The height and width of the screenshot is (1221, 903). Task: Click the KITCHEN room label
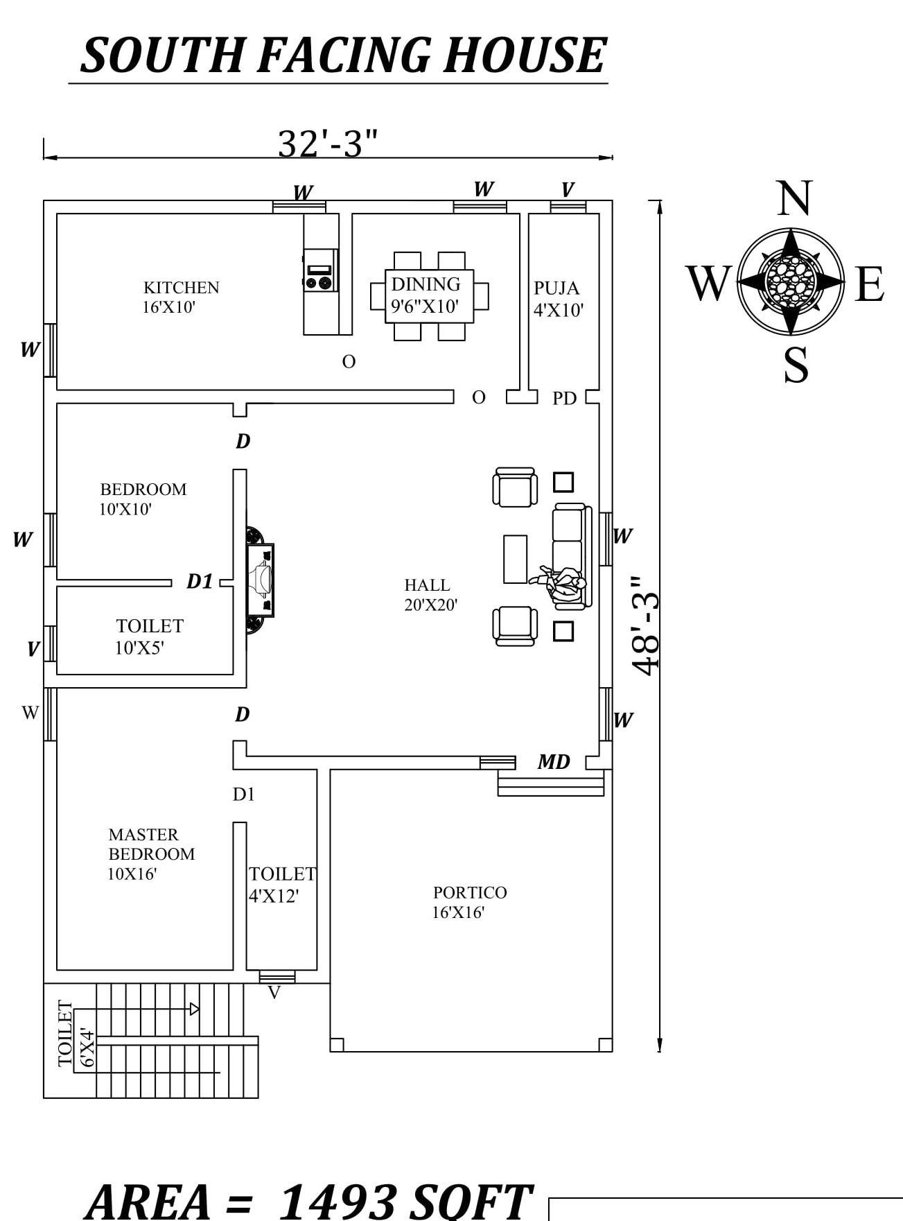tap(181, 288)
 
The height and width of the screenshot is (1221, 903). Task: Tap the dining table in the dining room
tap(430, 296)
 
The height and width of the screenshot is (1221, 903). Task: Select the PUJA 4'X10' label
tap(558, 299)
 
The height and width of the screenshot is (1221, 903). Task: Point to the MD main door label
tap(553, 762)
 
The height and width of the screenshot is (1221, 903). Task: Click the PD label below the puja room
tap(564, 399)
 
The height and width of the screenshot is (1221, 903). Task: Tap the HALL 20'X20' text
tap(430, 595)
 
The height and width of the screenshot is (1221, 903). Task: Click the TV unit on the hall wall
tap(261, 580)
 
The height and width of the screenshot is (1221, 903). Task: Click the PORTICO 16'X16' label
tap(469, 902)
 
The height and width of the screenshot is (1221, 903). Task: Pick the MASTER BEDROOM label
tap(151, 845)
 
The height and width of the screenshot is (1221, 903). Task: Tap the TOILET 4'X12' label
tap(281, 885)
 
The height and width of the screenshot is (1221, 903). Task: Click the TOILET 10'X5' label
tap(149, 637)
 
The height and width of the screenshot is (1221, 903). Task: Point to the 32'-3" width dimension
tap(328, 144)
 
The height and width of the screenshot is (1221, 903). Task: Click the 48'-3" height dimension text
tap(645, 624)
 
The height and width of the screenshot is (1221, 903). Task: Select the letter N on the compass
tap(794, 198)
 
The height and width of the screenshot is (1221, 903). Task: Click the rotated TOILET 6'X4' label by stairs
tap(76, 1033)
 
